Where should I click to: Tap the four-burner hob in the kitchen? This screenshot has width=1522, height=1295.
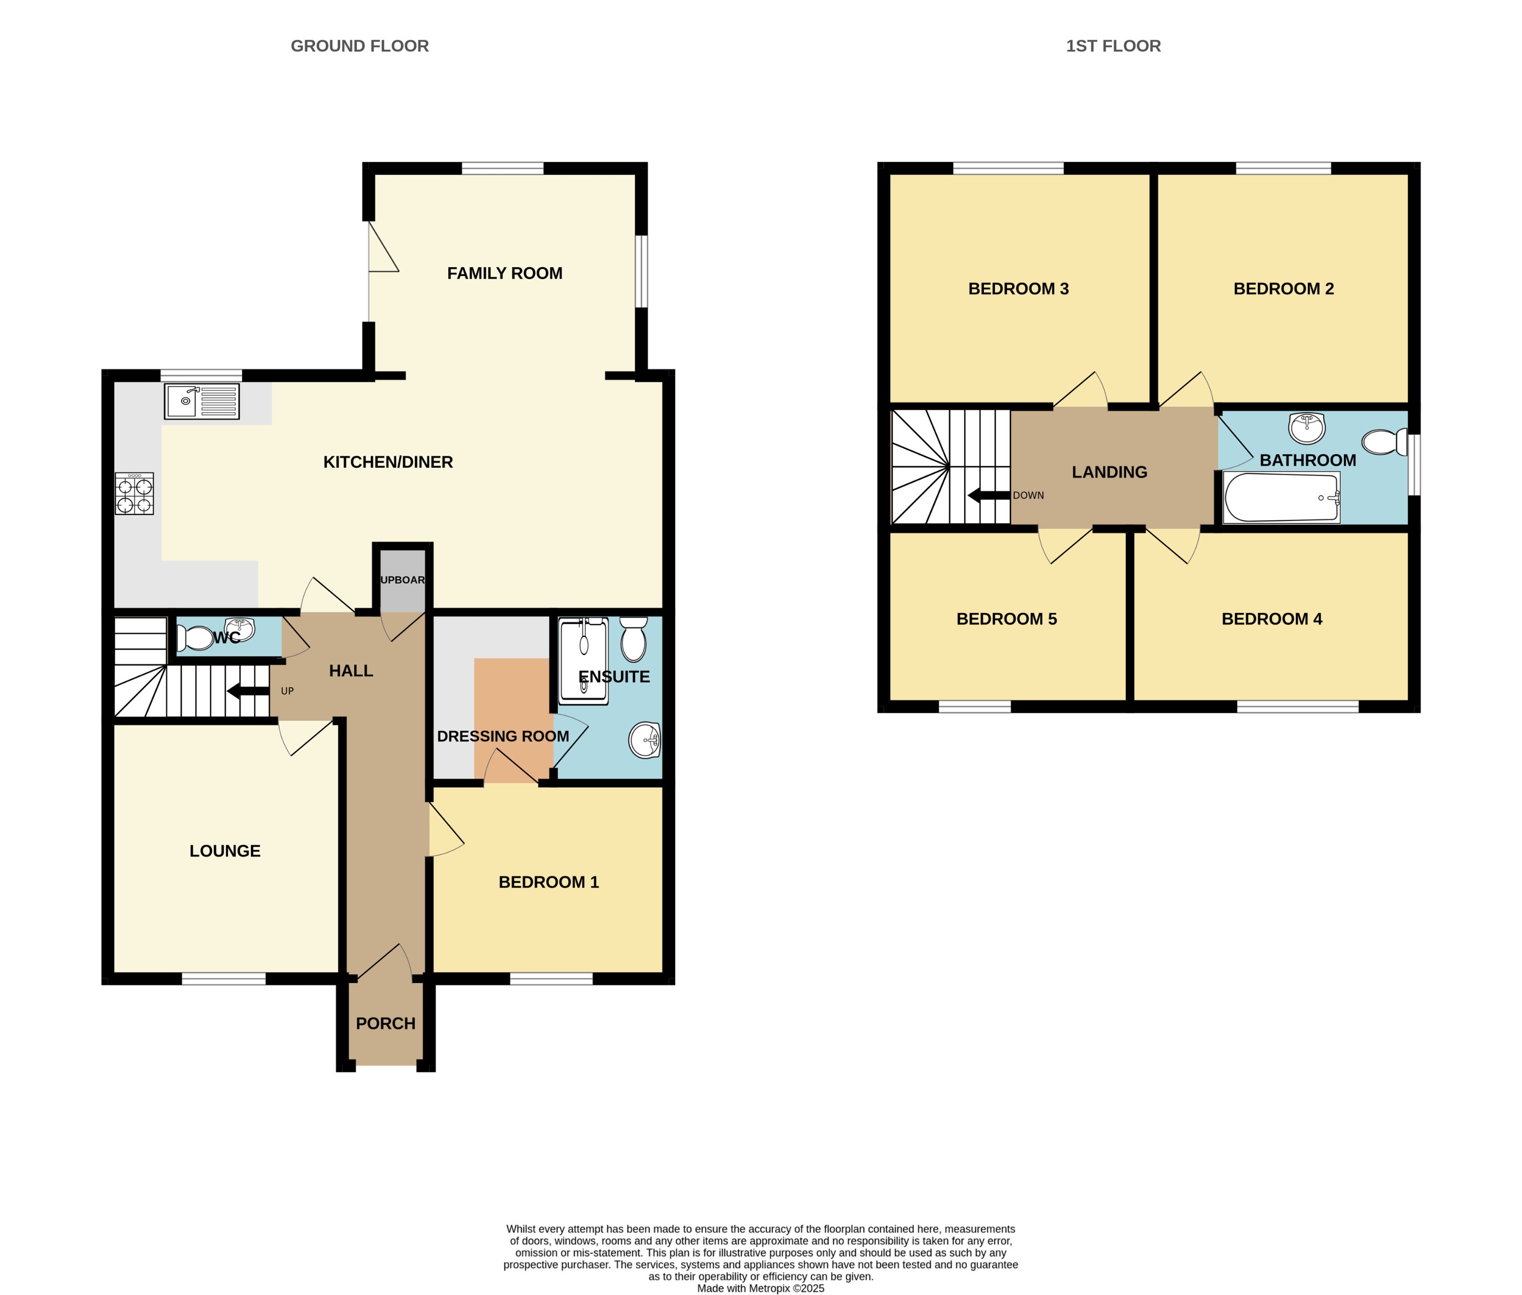tap(134, 493)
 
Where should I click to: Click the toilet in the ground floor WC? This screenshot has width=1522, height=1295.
tap(196, 637)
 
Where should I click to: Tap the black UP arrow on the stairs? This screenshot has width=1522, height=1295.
tap(247, 691)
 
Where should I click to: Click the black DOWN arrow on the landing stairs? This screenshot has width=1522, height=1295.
tap(988, 495)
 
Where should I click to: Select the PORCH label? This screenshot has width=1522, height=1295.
tap(386, 1023)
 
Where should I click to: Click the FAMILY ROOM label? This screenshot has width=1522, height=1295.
tap(504, 273)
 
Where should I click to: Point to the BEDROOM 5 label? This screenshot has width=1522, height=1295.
tap(1006, 619)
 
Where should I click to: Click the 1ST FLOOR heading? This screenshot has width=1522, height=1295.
tap(1112, 46)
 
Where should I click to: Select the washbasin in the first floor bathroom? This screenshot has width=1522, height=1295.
tap(1307, 428)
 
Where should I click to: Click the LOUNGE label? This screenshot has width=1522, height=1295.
tap(225, 851)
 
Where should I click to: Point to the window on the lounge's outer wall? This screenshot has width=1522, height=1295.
tap(223, 978)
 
